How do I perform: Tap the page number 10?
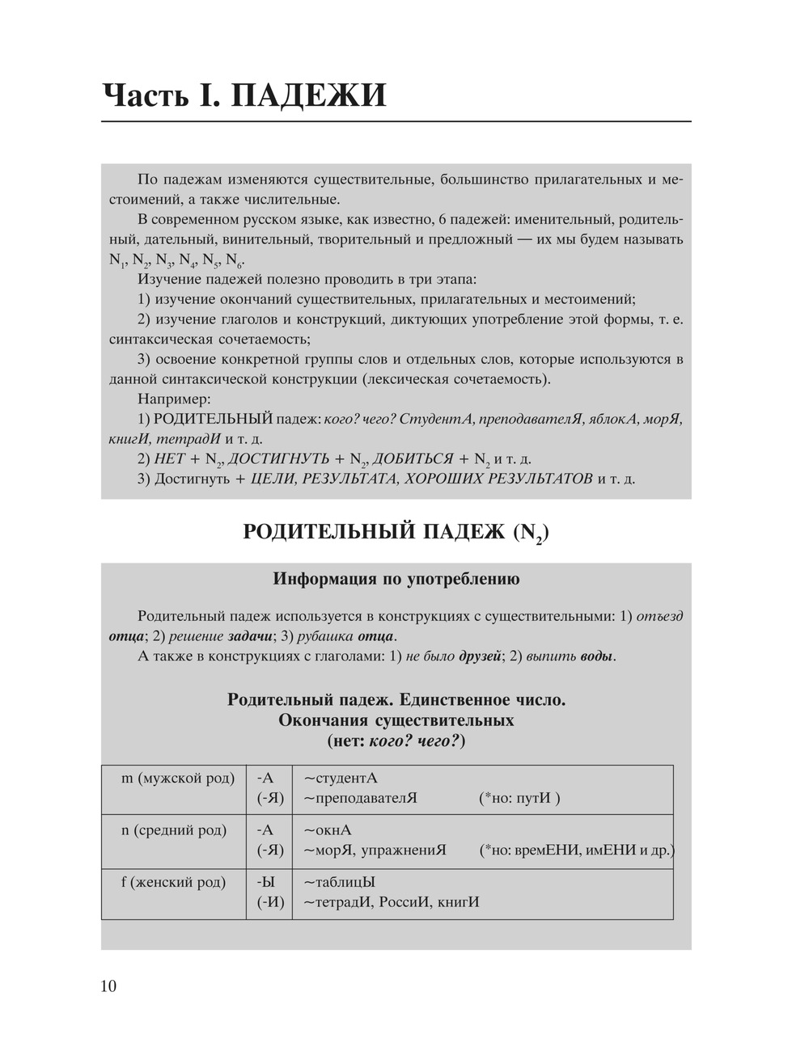(108, 986)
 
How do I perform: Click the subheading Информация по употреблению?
(396, 579)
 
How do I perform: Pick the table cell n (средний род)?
(174, 830)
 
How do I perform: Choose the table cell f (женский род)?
(173, 882)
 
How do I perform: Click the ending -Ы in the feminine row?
(265, 882)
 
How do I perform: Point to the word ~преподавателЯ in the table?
(360, 799)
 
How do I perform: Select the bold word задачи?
(250, 635)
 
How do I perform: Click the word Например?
(174, 399)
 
